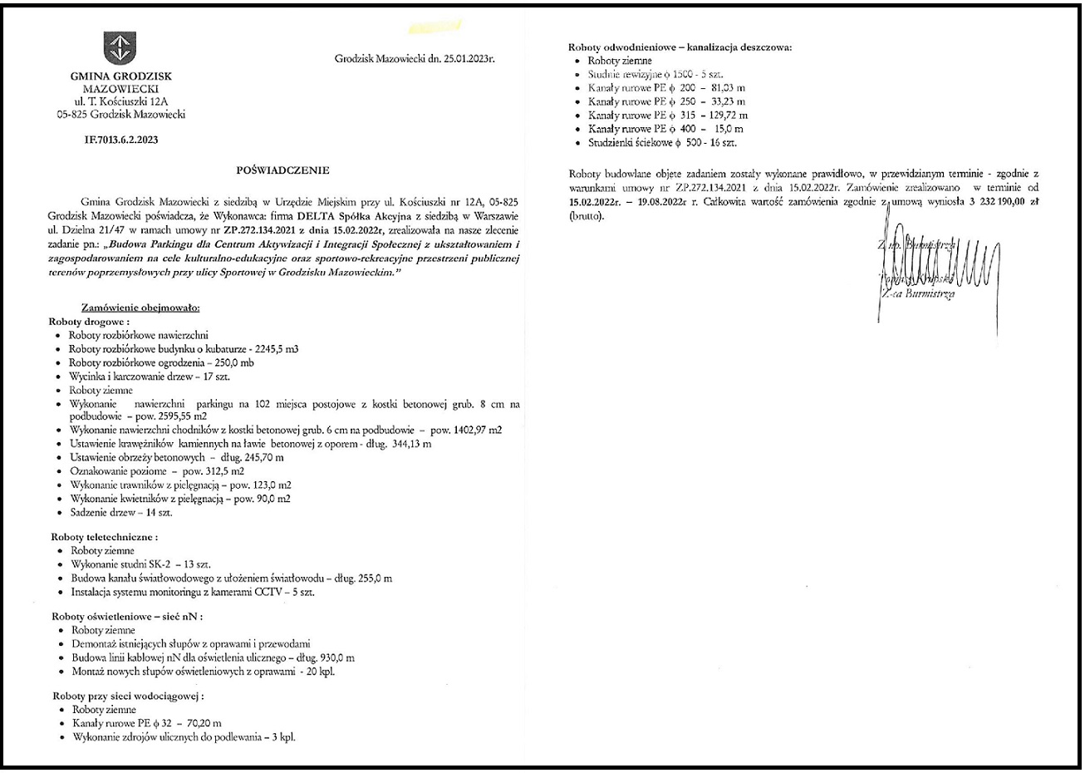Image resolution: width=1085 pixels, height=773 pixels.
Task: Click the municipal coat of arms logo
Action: [x=120, y=47]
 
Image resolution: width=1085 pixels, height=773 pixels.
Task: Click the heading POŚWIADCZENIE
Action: [x=282, y=170]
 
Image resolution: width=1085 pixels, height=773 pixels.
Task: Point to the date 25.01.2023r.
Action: [x=468, y=59]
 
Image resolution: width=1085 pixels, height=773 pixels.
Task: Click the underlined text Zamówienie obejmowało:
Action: [x=140, y=308]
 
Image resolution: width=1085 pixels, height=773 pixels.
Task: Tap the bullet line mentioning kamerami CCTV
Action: [x=193, y=592]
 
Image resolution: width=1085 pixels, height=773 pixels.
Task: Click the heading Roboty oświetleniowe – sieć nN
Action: [x=127, y=617]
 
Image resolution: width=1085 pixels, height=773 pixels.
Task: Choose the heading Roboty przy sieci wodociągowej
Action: [x=128, y=696]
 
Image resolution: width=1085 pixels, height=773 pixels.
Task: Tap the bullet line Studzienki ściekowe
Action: [x=662, y=143]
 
